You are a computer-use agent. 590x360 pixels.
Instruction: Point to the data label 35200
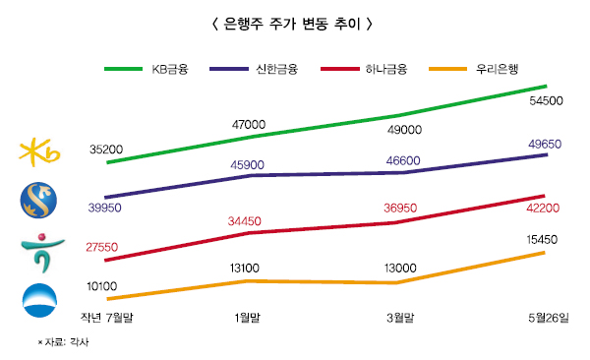click(105, 150)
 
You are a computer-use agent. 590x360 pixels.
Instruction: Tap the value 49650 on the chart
click(544, 144)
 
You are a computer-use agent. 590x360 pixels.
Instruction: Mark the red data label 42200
click(544, 209)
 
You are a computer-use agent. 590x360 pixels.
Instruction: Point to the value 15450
click(544, 239)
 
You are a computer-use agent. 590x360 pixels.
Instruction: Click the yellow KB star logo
click(40, 152)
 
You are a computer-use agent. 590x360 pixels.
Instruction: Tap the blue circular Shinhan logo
click(40, 202)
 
